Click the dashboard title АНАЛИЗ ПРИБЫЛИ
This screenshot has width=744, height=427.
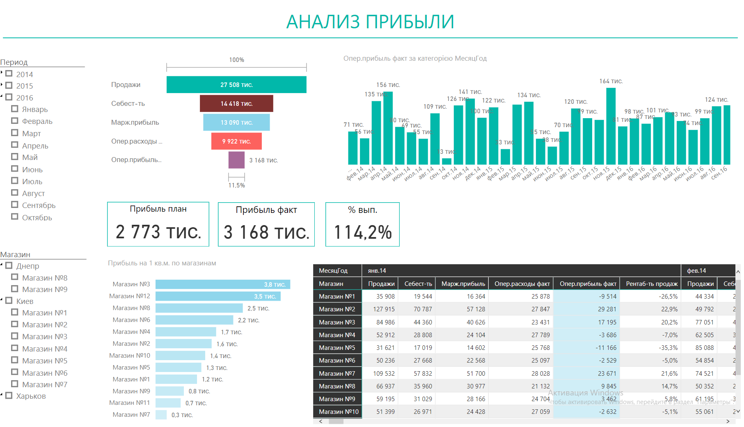pos(370,22)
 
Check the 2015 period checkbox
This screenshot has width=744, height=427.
pos(9,85)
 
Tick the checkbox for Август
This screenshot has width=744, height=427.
pos(15,193)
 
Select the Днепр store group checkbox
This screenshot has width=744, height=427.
pos(9,265)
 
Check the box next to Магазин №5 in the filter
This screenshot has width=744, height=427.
pos(15,360)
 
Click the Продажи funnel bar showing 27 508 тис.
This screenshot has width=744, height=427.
pos(236,84)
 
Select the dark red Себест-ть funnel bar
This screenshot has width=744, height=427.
pos(236,103)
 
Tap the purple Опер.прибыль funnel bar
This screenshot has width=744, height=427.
pos(236,160)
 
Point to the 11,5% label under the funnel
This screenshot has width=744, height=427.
pos(236,185)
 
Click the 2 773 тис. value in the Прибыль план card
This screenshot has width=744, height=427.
pos(158,232)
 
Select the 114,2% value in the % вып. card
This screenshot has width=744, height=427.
pos(363,232)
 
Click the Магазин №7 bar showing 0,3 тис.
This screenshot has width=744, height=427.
pos(161,415)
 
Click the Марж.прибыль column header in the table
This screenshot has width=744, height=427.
pos(463,283)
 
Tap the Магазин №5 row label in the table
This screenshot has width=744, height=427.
pos(337,347)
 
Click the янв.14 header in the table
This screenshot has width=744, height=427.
pos(377,271)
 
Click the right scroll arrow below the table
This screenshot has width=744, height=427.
pos(728,421)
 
